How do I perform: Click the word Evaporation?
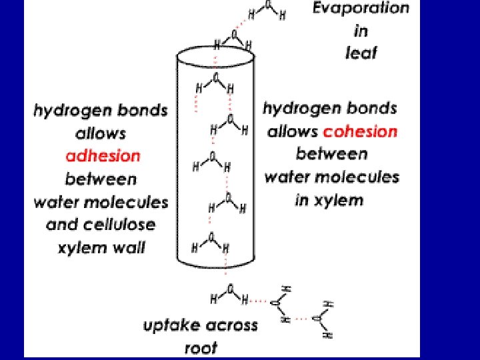(x=361, y=9)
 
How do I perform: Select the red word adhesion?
(x=103, y=156)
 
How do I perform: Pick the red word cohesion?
(x=359, y=131)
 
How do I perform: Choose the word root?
(x=201, y=347)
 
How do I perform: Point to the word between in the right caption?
(x=331, y=154)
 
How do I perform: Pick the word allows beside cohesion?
(x=293, y=131)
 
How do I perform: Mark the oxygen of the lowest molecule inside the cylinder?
(x=211, y=236)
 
